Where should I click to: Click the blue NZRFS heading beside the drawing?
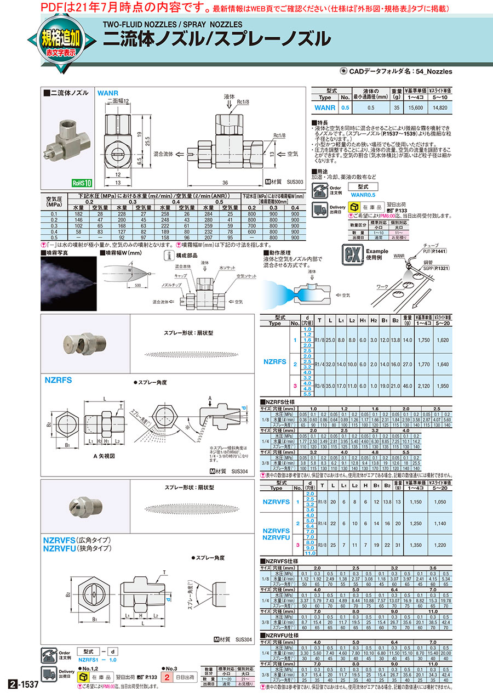tap(58, 379)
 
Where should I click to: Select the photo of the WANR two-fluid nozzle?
tap(66, 138)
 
